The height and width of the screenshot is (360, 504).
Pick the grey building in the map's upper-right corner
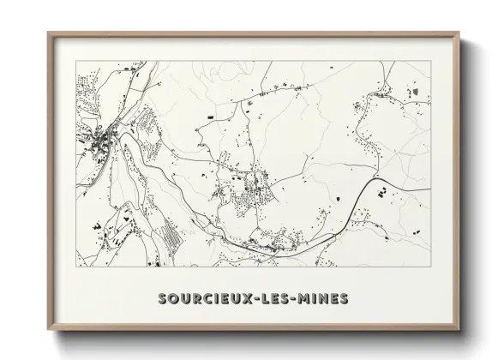click(416, 91)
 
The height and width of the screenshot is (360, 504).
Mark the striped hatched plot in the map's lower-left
click(171, 233)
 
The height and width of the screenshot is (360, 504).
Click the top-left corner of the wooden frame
click(49, 33)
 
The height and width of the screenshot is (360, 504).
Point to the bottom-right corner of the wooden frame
click(459, 331)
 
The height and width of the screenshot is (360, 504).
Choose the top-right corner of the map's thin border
click(430, 62)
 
